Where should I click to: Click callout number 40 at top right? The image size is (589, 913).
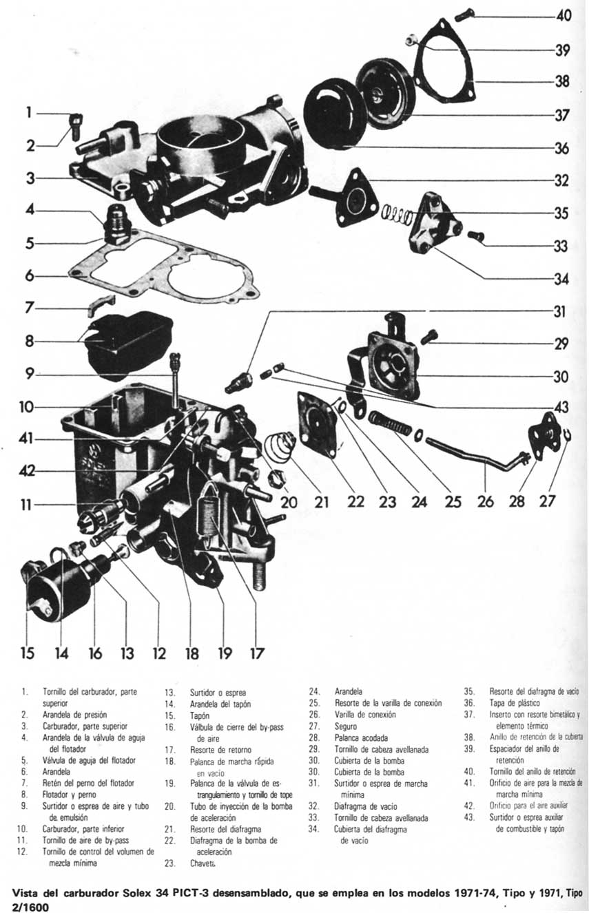(x=564, y=15)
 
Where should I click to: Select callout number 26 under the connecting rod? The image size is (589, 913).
(x=486, y=501)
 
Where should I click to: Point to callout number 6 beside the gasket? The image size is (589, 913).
(x=29, y=276)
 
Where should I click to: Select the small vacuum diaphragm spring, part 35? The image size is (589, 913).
(x=398, y=216)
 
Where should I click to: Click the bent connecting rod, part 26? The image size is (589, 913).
(x=475, y=457)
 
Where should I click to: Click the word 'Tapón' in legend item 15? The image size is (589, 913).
(x=200, y=715)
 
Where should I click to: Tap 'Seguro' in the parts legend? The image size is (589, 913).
(x=346, y=726)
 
